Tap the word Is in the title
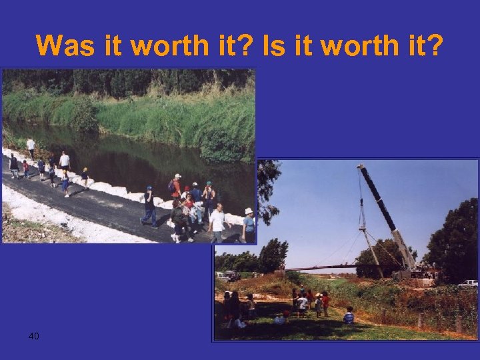click(x=275, y=46)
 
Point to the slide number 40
click(x=34, y=335)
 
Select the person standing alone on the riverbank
click(x=31, y=147)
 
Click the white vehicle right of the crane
click(x=469, y=283)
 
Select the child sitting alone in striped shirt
click(x=349, y=315)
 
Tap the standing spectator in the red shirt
click(x=325, y=303)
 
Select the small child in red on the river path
click(x=26, y=169)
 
